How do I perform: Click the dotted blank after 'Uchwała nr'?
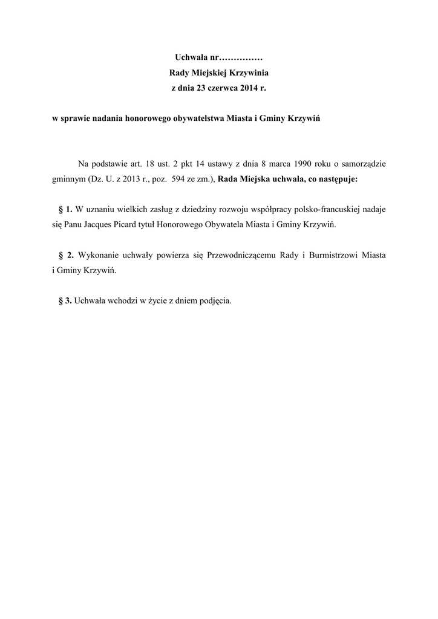(x=240, y=58)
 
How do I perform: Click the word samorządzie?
(x=362, y=164)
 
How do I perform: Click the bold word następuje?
(x=336, y=180)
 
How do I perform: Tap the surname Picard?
(x=125, y=225)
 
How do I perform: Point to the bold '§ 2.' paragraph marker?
(x=66, y=255)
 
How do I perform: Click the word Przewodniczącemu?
(x=241, y=255)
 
